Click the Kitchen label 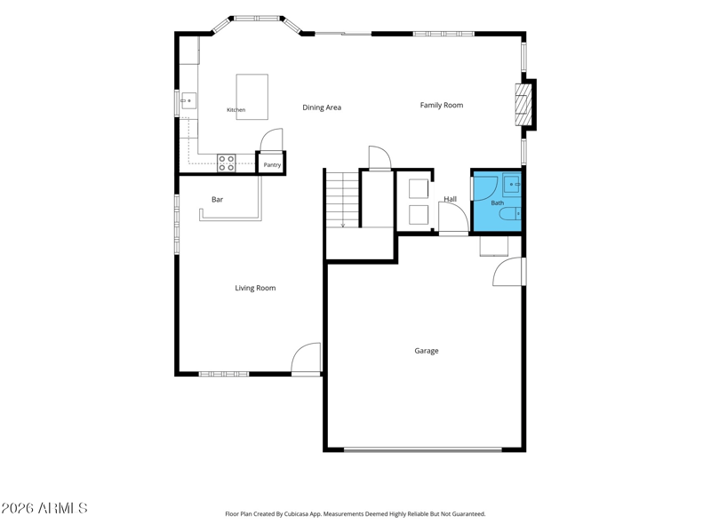click(x=236, y=110)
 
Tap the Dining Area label click(x=322, y=107)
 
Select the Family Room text click(x=442, y=105)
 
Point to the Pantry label click(x=272, y=165)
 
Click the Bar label click(x=217, y=199)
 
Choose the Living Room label click(x=255, y=289)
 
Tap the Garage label click(x=427, y=351)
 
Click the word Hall click(x=451, y=199)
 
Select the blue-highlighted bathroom click(x=497, y=202)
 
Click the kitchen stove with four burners click(x=227, y=163)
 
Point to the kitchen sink click(x=188, y=100)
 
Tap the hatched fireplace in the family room click(x=522, y=105)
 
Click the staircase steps click(x=343, y=199)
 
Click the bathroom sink click(x=512, y=185)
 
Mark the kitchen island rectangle click(x=252, y=97)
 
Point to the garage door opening click(x=423, y=450)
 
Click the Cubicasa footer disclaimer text click(x=355, y=514)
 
